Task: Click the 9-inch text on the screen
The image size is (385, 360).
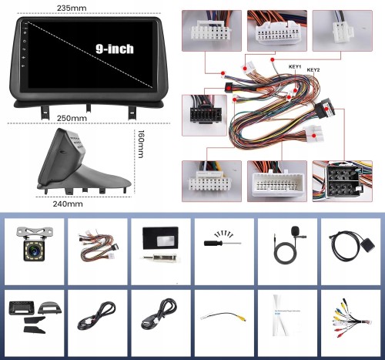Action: point(115,49)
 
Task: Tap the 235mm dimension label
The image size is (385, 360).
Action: point(72,8)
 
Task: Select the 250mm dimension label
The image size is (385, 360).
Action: point(72,118)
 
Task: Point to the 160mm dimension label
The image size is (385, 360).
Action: point(141,143)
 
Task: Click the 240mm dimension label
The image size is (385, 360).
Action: point(68,204)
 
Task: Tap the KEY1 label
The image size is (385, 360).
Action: point(295,66)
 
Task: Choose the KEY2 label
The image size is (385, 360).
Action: point(313,70)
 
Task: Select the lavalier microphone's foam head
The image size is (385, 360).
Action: point(295,229)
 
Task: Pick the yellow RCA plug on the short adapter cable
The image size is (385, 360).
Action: point(241,318)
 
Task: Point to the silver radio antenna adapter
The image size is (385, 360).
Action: point(159,257)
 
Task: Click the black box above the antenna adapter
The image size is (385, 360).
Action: point(160,238)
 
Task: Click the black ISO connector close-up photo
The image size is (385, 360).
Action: point(342,181)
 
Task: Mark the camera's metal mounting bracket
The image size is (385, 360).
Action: point(35,233)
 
